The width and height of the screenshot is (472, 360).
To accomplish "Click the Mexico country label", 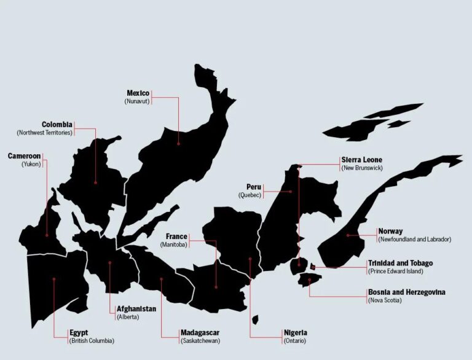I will tap(138, 93).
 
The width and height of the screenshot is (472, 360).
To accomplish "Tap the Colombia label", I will tap(57, 124).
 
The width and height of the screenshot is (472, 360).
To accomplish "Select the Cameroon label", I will tap(24, 156).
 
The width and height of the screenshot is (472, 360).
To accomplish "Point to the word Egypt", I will tap(79, 332).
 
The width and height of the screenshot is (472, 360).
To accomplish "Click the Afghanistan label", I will tap(136, 308).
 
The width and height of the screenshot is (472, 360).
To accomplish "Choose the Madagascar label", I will tap(200, 332).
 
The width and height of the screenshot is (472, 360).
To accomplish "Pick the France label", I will tap(176, 237).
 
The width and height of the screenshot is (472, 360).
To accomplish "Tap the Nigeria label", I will tap(295, 332).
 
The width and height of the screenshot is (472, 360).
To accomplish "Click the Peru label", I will tap(254, 187).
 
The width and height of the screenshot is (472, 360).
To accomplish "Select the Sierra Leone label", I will tap(361, 160).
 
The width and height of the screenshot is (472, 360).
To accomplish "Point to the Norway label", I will tap(390, 231).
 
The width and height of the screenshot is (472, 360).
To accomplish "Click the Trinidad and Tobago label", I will tap(399, 263).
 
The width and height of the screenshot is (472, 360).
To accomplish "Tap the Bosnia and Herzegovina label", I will tap(406, 292).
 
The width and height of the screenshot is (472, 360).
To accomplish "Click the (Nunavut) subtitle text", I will tap(137, 101).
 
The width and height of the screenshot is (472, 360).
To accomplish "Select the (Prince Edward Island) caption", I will tap(395, 271).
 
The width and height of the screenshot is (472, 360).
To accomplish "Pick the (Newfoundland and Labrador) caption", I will tap(414, 239).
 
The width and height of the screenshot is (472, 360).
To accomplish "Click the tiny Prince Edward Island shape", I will tap(312, 267).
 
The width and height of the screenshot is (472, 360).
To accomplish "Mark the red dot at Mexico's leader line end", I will tap(178, 144).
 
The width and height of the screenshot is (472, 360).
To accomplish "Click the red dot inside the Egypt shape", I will tap(54, 279).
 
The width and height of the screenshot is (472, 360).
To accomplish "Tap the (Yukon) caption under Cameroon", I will tap(31, 164).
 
